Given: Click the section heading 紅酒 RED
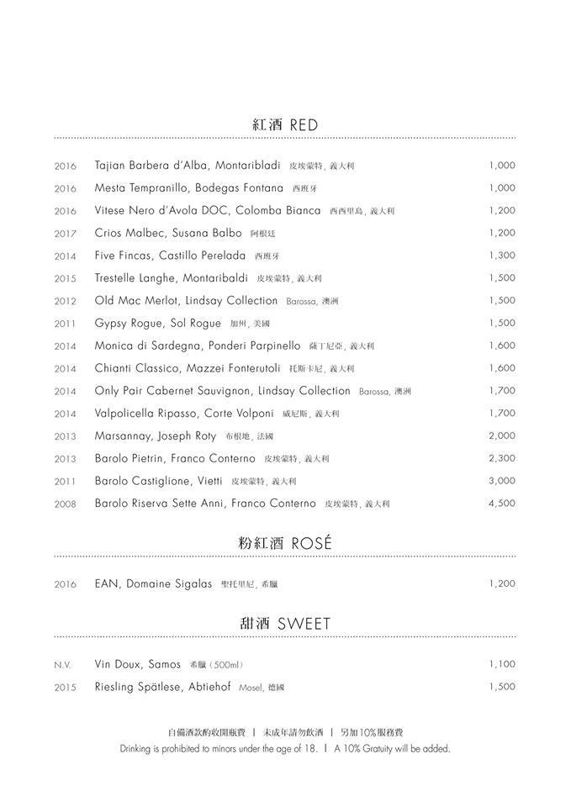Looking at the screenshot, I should [285, 124].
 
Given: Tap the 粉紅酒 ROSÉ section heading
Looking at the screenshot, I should [285, 543].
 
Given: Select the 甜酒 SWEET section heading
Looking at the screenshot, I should [285, 623].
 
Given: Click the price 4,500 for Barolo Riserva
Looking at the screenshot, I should [501, 504].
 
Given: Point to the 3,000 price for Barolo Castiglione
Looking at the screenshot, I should [501, 481].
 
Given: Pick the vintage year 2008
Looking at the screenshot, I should [66, 504].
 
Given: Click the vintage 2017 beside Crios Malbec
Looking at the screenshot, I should [66, 234].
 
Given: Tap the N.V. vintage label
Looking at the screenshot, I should [63, 665].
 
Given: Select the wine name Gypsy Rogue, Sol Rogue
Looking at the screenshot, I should [158, 324].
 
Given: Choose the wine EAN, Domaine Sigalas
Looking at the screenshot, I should [153, 584].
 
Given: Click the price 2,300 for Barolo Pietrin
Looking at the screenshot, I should [501, 458].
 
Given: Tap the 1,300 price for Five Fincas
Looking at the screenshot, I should [501, 256].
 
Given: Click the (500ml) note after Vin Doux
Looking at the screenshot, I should [224, 665].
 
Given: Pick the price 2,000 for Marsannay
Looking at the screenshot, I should [501, 435].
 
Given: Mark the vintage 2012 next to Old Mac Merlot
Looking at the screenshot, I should [66, 301].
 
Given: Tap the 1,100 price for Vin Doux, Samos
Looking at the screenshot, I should [501, 664].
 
